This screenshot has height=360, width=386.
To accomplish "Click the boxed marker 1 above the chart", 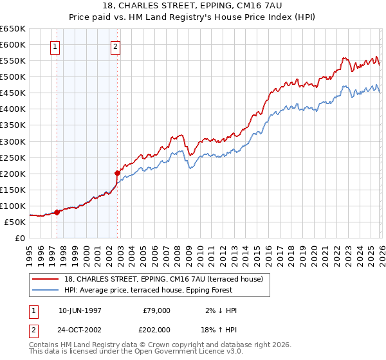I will pos(55,46).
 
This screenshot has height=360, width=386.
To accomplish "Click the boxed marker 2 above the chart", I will pos(115,46).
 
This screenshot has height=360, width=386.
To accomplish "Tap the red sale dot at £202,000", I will pos(118,172).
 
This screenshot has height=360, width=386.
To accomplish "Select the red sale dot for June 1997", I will pos(57,212).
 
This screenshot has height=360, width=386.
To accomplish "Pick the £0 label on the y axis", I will pos(19,238).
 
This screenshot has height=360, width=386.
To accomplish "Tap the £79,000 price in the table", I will pos(157,310).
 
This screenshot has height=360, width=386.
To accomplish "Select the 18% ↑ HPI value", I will pos(219,329).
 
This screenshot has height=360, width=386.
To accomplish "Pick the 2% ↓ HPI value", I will pos(219,310).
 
